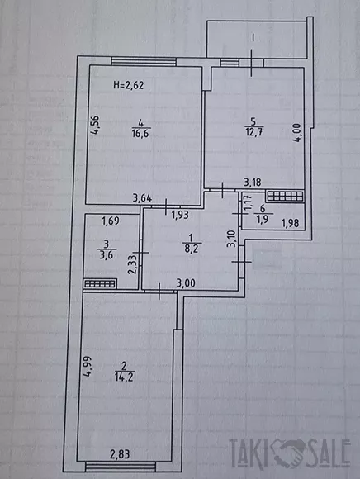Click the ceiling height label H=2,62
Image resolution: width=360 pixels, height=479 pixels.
tap(128, 85)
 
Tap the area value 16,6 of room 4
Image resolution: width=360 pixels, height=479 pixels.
tap(140, 133)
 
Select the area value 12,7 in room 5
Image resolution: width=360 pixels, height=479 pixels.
tap(254, 132)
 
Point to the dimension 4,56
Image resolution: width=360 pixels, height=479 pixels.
tap(95, 125)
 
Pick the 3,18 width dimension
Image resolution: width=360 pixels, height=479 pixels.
tap(253, 183)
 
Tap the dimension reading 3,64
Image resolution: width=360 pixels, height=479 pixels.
tap(142, 198)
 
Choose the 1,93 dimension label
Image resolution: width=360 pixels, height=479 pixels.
tap(180, 215)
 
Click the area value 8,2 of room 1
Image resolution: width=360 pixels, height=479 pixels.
tap(191, 249)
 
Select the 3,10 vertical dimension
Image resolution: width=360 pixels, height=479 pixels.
tap(232, 239)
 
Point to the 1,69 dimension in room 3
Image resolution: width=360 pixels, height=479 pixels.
tap(111, 221)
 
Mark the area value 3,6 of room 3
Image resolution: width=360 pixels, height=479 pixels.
tap(107, 254)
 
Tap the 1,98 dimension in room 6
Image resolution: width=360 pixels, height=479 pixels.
tap(290, 223)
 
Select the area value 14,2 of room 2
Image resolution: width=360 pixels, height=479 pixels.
tap(124, 377)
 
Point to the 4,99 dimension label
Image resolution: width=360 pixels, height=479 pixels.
tap(88, 367)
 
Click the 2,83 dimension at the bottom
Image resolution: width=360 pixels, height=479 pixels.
tap(120, 454)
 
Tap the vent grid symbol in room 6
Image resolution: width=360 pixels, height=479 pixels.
tap(285, 196)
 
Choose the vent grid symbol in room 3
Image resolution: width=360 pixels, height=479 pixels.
tap(100, 284)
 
